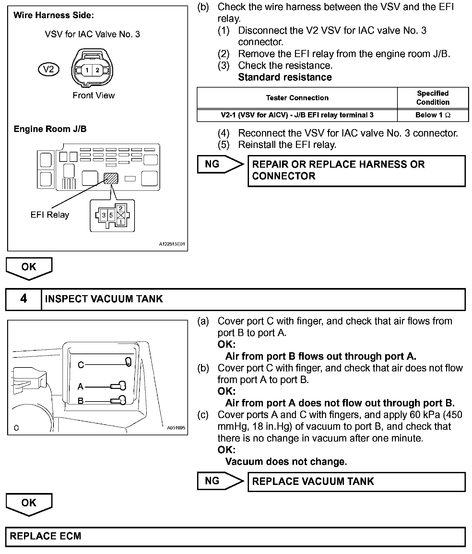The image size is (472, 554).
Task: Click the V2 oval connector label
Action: [x=49, y=69]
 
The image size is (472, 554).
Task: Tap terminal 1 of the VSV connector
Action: [x=87, y=70]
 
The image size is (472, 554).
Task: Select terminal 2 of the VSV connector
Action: [x=98, y=70]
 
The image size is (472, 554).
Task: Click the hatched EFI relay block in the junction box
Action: [x=111, y=178]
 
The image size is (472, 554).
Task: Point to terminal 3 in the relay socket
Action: [x=104, y=215]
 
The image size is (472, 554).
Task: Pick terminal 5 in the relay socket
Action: [x=111, y=215]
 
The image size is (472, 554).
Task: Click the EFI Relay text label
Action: [x=50, y=215]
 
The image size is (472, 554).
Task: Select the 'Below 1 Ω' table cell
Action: [x=433, y=115]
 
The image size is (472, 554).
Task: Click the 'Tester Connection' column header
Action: [x=297, y=98]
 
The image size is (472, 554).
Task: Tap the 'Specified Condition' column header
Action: [x=433, y=98]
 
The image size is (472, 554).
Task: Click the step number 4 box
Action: [x=24, y=299]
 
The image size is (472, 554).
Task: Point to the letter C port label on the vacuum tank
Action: [x=81, y=365]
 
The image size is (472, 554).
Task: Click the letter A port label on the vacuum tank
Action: [x=80, y=387]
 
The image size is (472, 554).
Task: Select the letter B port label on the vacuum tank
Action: [x=80, y=401]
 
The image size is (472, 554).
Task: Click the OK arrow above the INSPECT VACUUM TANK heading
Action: [x=29, y=268]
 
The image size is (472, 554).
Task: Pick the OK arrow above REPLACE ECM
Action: [x=29, y=503]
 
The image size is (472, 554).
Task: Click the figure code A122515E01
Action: [x=172, y=244]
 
